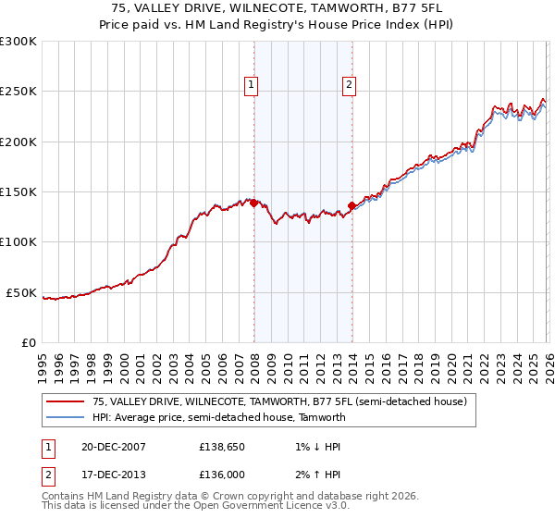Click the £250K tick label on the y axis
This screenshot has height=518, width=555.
click(18, 92)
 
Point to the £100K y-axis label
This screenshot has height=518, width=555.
click(18, 242)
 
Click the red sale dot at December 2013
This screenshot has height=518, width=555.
click(351, 206)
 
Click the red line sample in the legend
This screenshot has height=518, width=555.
click(65, 402)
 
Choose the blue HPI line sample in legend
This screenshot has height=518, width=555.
click(65, 417)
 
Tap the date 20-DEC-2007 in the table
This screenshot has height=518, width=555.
click(106, 447)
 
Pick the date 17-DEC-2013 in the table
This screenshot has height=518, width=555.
click(106, 475)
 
